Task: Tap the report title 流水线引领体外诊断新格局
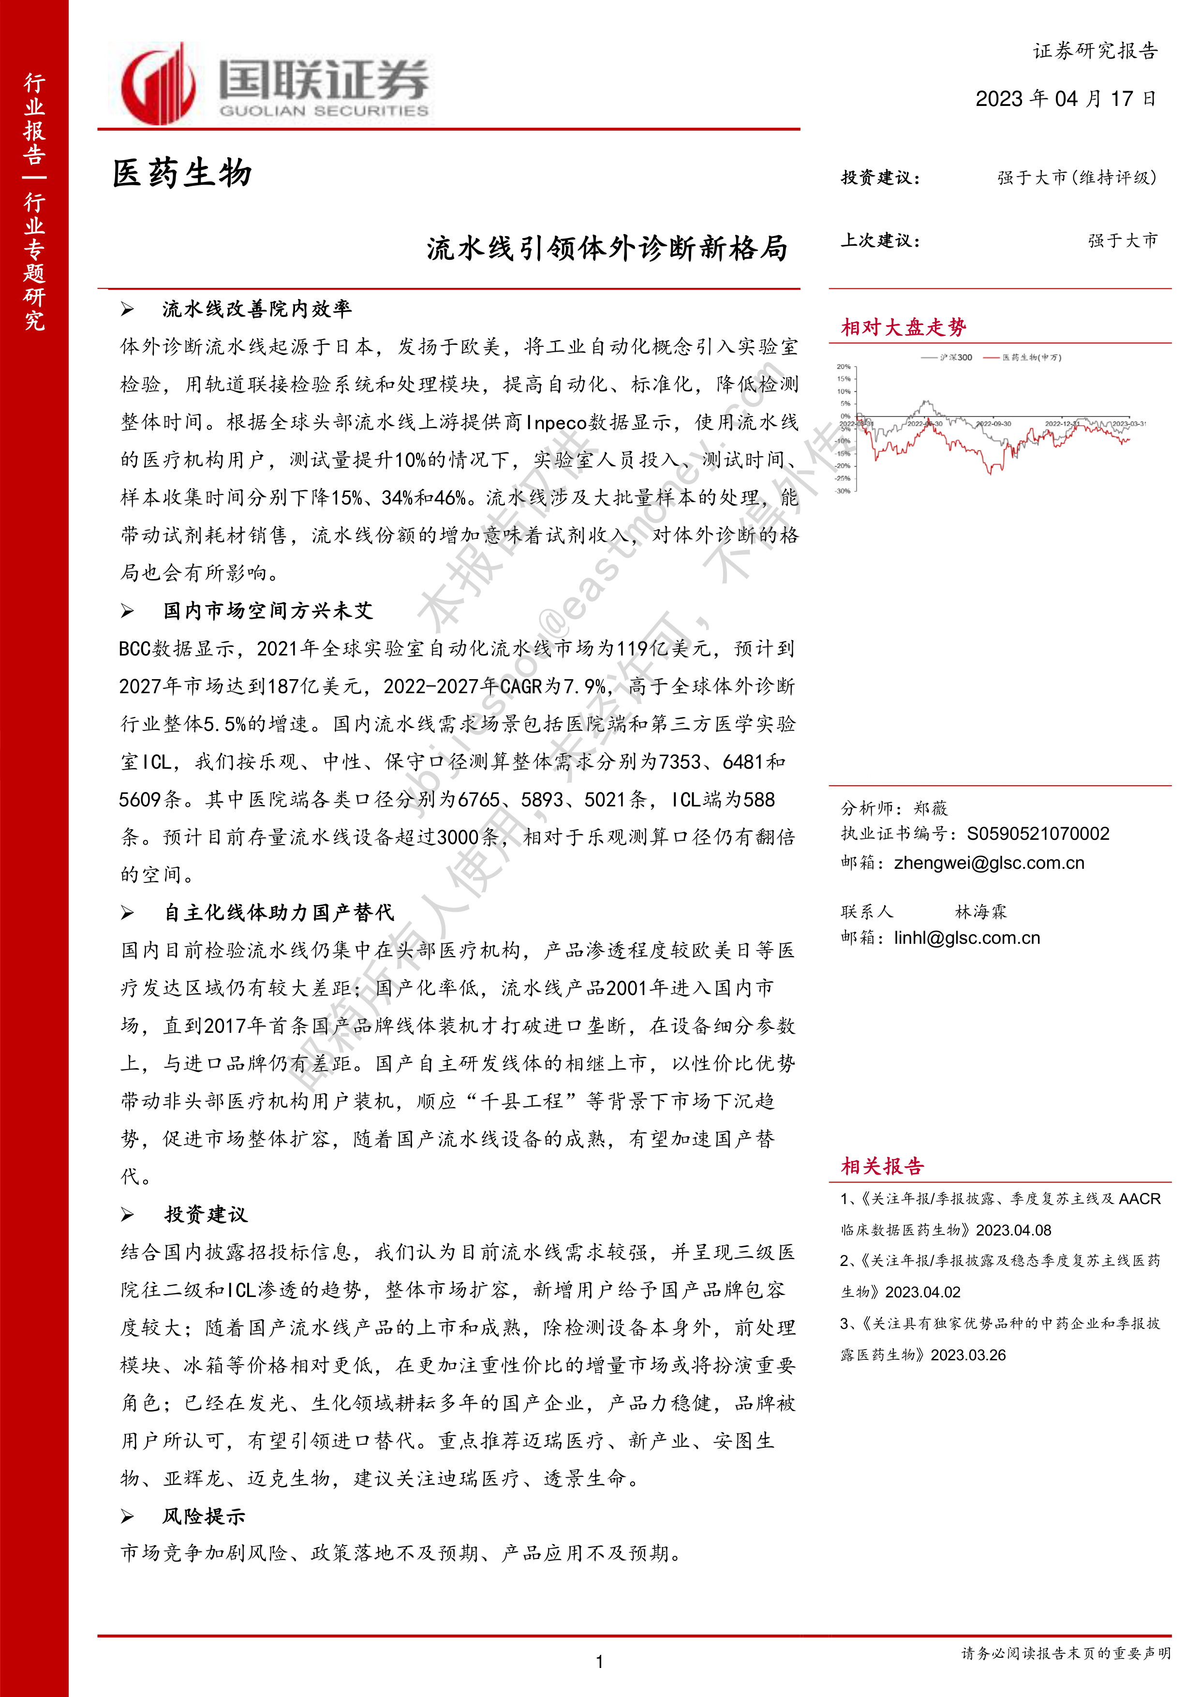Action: (x=607, y=248)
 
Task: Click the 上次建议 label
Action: (x=880, y=241)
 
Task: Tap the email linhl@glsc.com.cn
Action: (x=966, y=938)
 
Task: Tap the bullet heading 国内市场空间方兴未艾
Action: (x=268, y=610)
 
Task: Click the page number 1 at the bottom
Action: (x=599, y=1662)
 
